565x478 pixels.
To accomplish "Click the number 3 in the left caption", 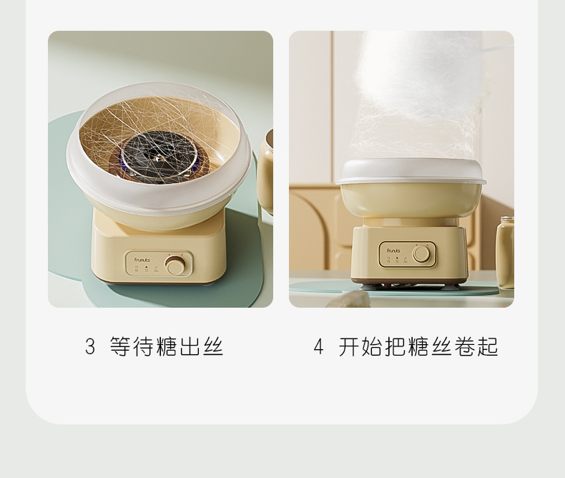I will pyautogui.click(x=90, y=347).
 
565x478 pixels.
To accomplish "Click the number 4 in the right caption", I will pyautogui.click(x=319, y=347).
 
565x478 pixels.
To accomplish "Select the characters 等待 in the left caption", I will pyautogui.click(x=132, y=347).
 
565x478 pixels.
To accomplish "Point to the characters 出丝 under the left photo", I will pyautogui.click(x=202, y=347).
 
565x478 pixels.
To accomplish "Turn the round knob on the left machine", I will pyautogui.click(x=175, y=266).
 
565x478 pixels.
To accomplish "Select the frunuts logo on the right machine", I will pyautogui.click(x=393, y=251).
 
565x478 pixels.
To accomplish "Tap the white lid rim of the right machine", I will pyautogui.click(x=411, y=172).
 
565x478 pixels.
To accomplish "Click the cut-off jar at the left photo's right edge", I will pyautogui.click(x=266, y=172).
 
